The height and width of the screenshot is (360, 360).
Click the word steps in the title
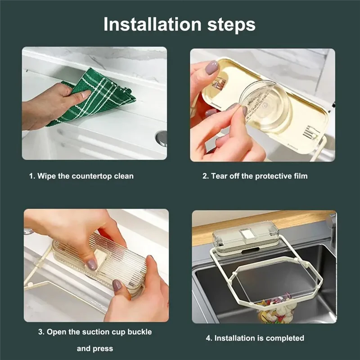[x=231, y=25]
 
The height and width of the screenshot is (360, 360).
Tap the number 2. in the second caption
[x=205, y=176]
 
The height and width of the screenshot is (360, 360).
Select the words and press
[x=95, y=348]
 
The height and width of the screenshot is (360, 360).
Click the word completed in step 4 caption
[x=285, y=338]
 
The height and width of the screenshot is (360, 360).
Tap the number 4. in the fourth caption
[x=209, y=338]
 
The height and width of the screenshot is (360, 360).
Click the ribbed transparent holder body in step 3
[x=101, y=263]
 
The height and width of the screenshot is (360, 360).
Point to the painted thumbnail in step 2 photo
[x=211, y=67]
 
